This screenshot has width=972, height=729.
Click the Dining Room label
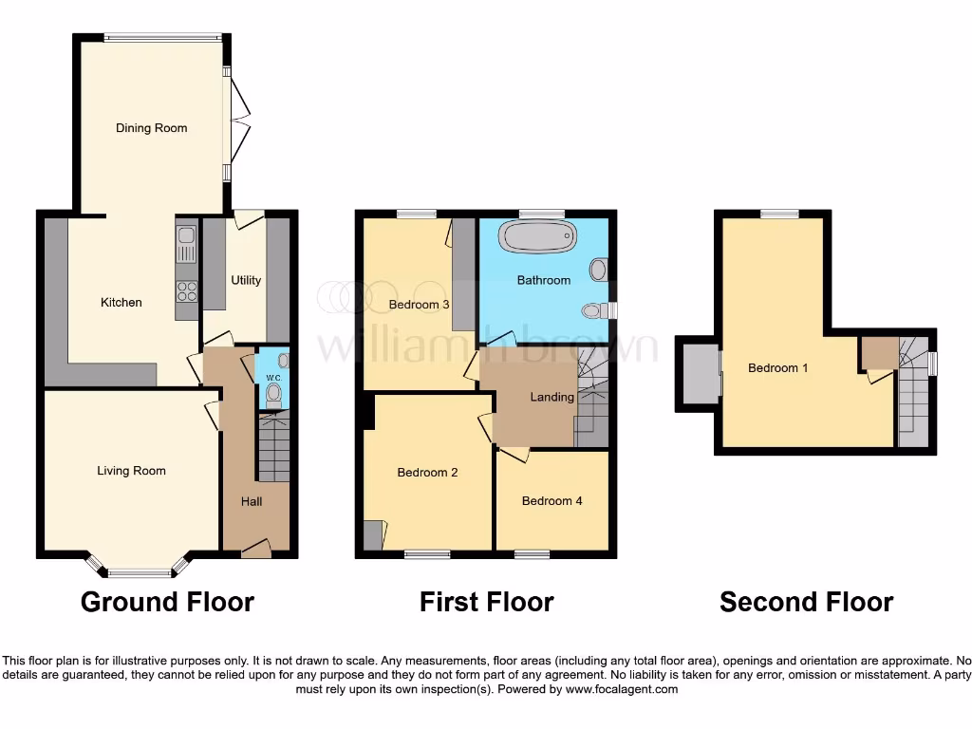coord(152,128)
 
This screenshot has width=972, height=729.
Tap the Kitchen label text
coord(121,303)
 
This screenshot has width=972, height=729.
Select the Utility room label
coord(246,281)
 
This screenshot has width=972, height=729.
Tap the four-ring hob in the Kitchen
coord(186,291)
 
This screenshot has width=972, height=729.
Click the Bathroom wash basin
coord(599,270)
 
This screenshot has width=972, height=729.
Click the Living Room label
coord(131,471)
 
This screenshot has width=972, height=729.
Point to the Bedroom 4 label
coord(552,501)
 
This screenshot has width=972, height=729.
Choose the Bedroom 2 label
coord(427,473)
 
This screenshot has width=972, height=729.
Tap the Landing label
coord(552,397)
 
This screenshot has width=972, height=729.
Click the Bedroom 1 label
coord(778,368)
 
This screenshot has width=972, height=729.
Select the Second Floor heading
coord(806,602)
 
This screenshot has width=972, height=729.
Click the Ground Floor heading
coord(167,602)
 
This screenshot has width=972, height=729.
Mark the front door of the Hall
coord(255,549)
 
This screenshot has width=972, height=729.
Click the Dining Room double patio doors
coord(237,123)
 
